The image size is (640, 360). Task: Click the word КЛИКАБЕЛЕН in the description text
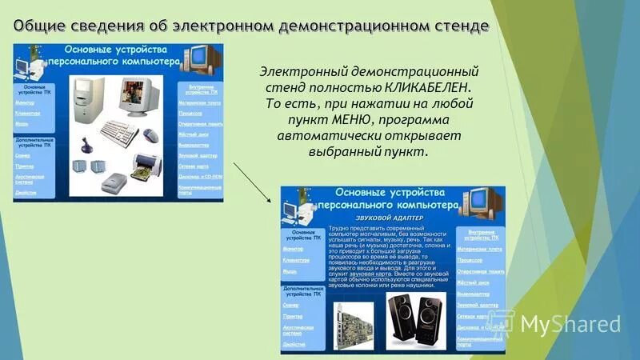pyautogui.click(x=426, y=86)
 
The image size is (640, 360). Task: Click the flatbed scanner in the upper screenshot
pyautogui.click(x=118, y=178)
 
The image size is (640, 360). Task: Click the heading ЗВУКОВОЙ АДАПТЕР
pyautogui.click(x=390, y=217)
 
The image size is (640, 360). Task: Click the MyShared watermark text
pyautogui.click(x=570, y=324)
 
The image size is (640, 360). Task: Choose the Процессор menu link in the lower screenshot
pyautogui.click(x=470, y=260)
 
